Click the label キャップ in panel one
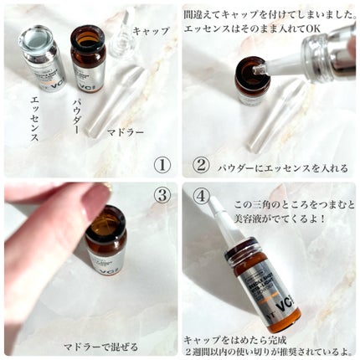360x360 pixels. point(152,30)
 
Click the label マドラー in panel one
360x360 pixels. point(126,131)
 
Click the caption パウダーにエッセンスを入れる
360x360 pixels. point(282,167)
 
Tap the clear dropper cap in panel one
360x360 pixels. point(122,33)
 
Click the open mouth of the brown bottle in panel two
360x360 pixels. point(251,65)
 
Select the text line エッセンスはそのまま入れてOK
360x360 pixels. point(255,28)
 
